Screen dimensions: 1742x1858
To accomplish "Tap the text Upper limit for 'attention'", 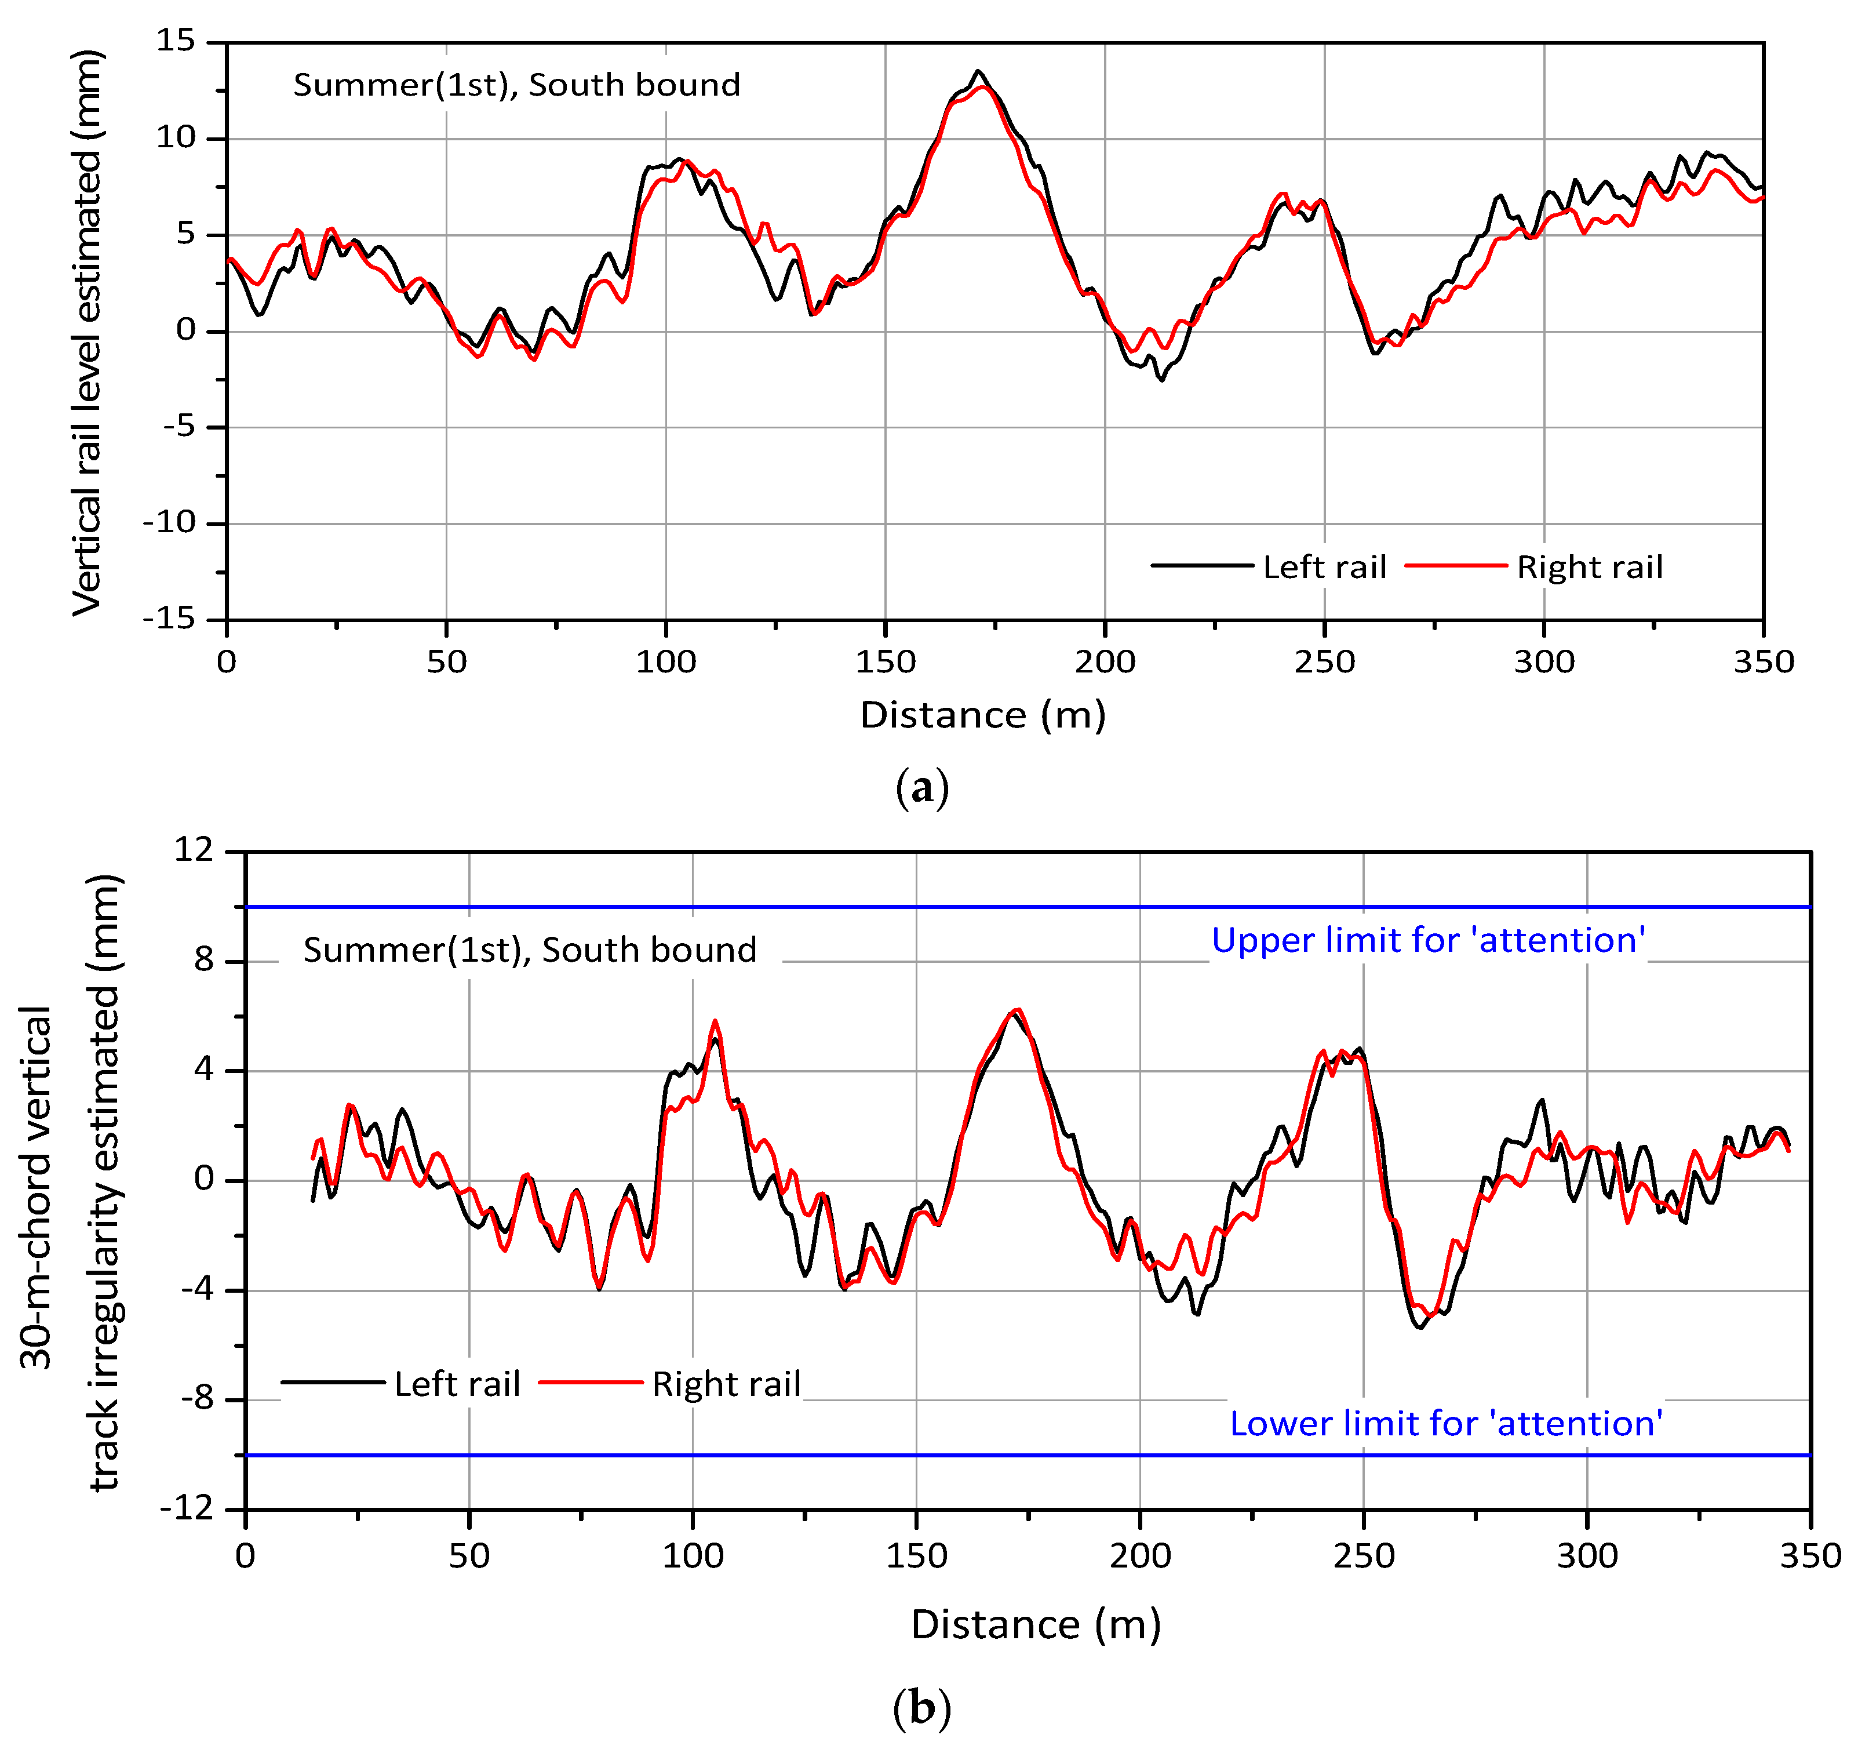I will point(1428,940).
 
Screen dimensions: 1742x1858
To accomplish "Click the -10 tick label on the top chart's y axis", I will point(171,523).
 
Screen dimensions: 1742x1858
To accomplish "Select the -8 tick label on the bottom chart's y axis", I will point(197,1399).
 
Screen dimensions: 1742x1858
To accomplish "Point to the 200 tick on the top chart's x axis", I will point(1105,662).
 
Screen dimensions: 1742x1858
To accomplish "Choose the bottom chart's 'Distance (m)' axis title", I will point(1036,1625).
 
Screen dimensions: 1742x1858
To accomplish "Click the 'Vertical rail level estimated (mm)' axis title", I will point(87,332).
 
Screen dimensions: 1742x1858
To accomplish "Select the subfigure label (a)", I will point(921,788).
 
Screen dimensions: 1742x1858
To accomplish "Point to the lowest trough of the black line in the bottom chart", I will point(1420,1328).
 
